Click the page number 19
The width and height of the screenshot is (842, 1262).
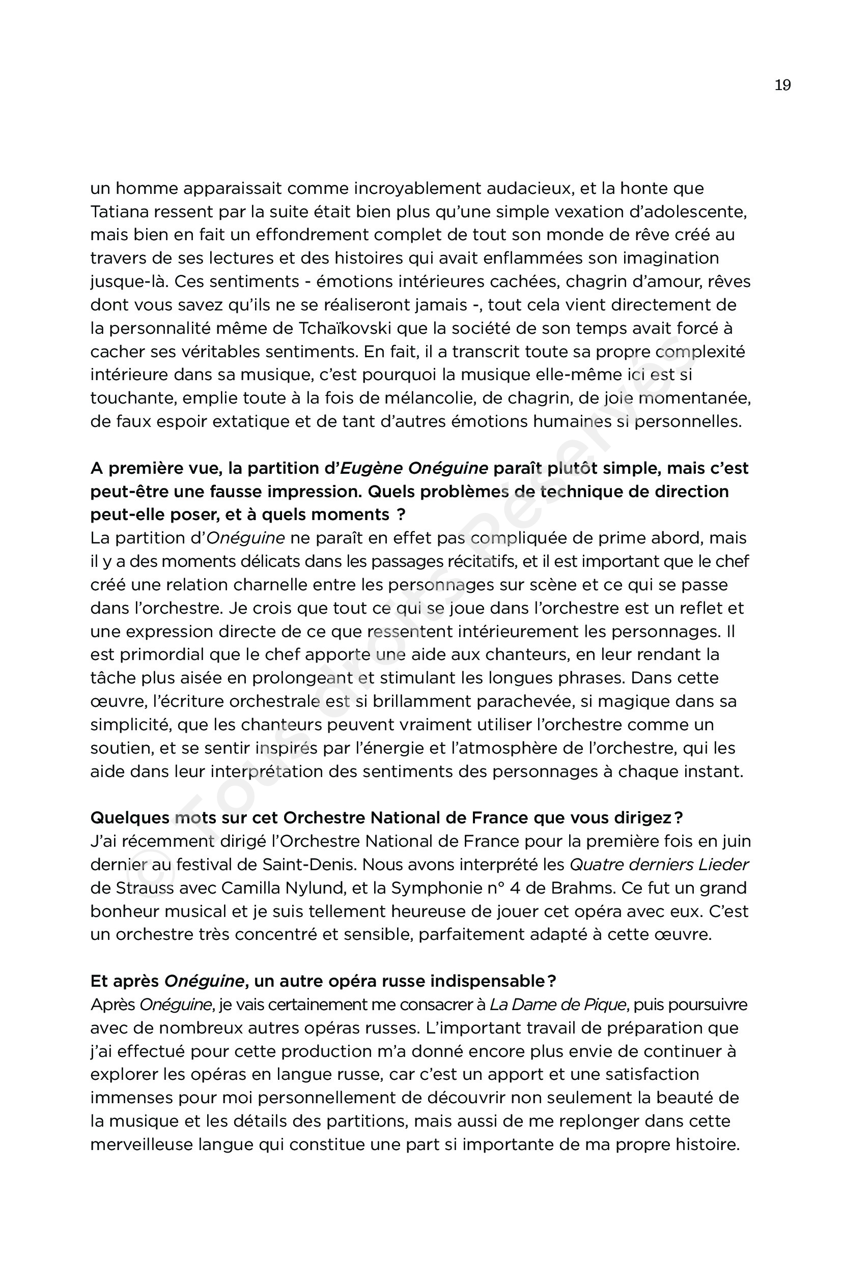[782, 85]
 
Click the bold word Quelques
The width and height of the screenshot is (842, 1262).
[129, 818]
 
